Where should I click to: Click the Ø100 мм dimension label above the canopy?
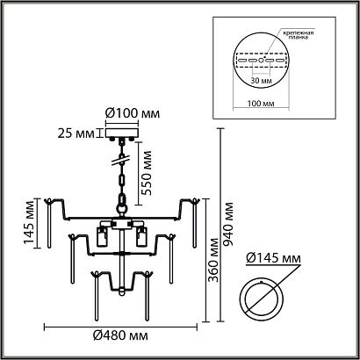click(x=133, y=113)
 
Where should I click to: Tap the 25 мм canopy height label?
click(x=76, y=133)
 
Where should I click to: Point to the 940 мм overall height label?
click(x=227, y=225)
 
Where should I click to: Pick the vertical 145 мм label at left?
click(x=30, y=223)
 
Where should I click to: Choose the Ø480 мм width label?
click(x=120, y=335)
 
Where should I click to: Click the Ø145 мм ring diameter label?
click(x=273, y=258)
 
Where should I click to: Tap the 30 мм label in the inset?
click(x=262, y=81)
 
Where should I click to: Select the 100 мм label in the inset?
click(x=261, y=104)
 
